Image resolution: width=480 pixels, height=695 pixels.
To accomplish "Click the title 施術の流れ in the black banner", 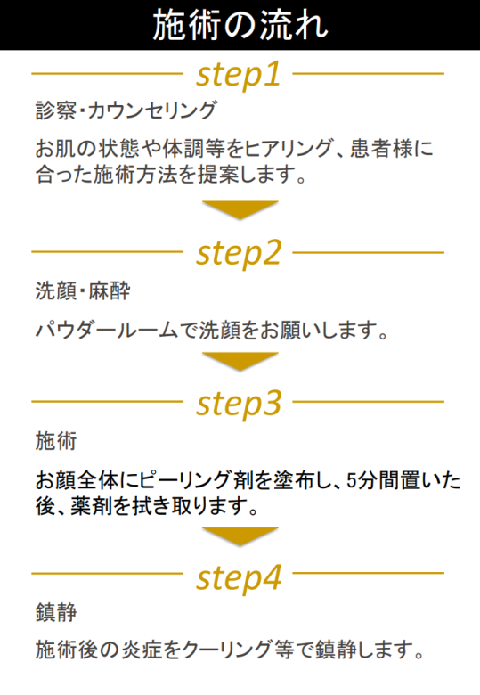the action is pos(240,25).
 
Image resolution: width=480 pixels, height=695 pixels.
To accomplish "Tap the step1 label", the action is pos(239,75).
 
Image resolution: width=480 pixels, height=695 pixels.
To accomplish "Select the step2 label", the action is pos(239,254).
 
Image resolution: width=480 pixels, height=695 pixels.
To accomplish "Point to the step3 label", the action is pos(239,404).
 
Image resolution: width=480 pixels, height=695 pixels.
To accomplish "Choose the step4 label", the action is pos(239,578).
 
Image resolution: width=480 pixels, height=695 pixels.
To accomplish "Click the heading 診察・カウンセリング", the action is pos(126,110).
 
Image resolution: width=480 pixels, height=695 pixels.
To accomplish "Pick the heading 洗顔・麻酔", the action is pos(83,291).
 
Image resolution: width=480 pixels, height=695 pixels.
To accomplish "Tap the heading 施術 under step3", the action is pos(56,441).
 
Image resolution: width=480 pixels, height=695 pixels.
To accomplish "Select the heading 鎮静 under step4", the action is pos(56,612).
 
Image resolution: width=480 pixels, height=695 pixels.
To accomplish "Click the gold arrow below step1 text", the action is pos(240,209).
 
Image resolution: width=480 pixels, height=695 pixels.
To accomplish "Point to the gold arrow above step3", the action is pos(240,361).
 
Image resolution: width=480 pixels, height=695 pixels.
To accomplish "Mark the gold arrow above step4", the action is pos(240,536).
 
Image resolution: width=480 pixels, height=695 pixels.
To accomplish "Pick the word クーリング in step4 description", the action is pos(227,650).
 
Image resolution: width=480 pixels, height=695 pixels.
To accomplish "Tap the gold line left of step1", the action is pos(107,74).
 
